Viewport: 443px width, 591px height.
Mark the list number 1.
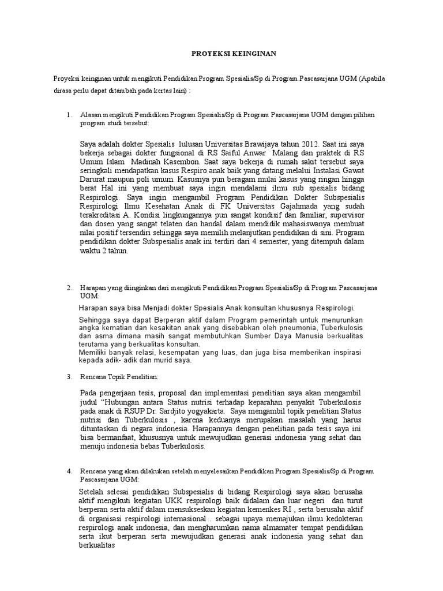coord(69,115)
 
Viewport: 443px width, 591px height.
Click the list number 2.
coord(69,287)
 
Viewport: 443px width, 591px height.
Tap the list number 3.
coord(69,376)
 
